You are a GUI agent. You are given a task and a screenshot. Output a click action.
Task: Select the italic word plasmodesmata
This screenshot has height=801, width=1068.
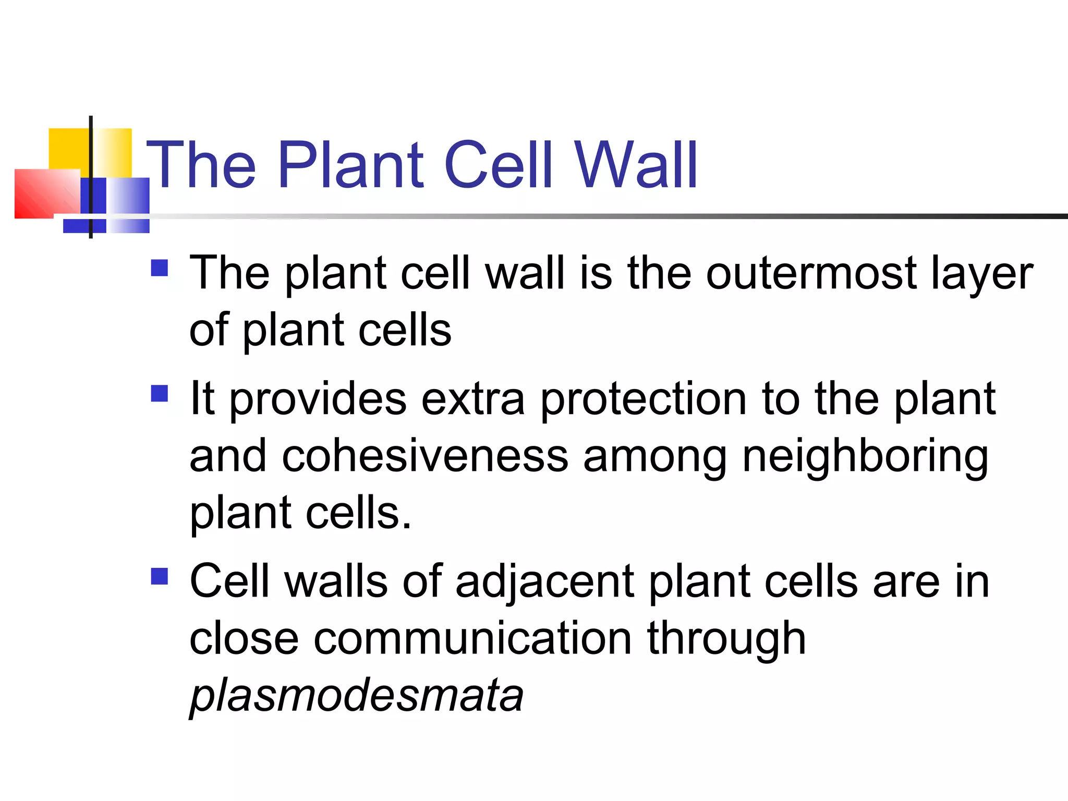tap(356, 695)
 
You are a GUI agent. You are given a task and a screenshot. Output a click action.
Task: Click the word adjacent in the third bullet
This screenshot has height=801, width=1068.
tap(544, 581)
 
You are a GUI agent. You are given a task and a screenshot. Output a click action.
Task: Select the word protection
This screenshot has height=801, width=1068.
tap(644, 399)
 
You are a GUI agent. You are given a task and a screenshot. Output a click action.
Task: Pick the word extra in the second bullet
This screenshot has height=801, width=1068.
tap(472, 399)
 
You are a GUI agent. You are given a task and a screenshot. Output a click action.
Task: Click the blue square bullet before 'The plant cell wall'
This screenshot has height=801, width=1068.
tap(159, 268)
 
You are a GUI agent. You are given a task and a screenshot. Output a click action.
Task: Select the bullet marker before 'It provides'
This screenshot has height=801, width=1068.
tap(159, 394)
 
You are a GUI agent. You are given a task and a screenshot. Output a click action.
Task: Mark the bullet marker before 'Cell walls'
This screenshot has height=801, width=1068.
tap(159, 576)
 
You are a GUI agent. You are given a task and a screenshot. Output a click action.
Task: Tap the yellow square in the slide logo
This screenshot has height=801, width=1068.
tap(68, 148)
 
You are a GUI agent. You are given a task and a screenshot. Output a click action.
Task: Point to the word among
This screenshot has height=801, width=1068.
tap(655, 456)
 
